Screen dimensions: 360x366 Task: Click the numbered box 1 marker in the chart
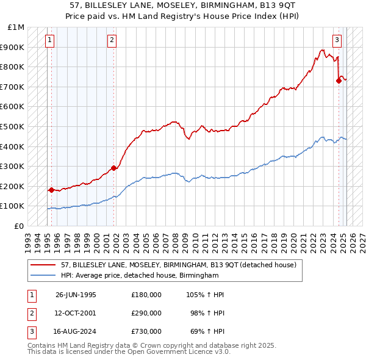click(49, 41)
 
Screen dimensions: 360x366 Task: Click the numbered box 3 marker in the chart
click(337, 41)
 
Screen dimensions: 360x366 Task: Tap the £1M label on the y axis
click(16, 27)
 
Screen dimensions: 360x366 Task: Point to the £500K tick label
click(13, 126)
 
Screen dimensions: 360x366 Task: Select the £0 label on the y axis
click(20, 226)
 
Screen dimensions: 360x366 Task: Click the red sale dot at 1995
click(51, 190)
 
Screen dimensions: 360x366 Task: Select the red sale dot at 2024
click(339, 81)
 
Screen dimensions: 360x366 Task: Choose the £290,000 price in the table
click(146, 314)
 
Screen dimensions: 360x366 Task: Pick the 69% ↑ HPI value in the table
click(206, 332)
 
